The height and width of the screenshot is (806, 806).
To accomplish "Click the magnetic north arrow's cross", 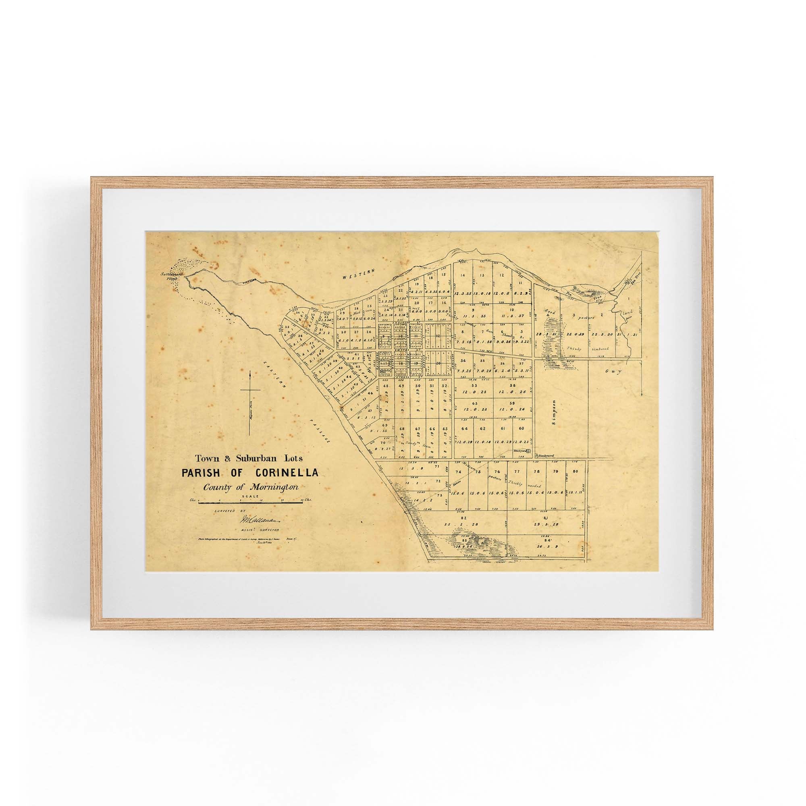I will pos(250,391).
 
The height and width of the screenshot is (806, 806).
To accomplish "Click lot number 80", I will pos(576,472).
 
